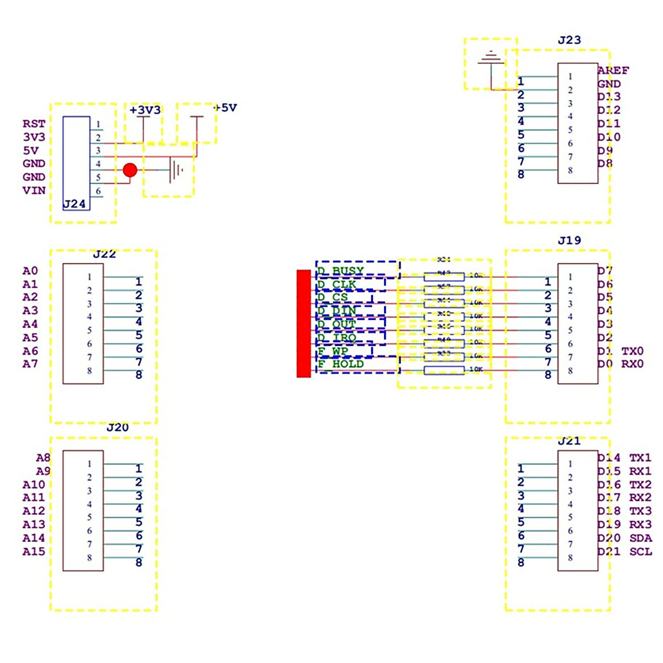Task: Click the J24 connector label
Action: [x=74, y=204]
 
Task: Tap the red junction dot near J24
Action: [x=130, y=170]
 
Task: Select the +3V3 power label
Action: [x=145, y=110]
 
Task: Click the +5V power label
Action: [x=225, y=107]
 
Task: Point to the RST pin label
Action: [x=34, y=124]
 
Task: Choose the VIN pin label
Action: [x=34, y=190]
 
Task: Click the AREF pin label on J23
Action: [x=613, y=70]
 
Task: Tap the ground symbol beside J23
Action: [x=491, y=57]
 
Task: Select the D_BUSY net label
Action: [x=341, y=271]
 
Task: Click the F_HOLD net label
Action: [x=341, y=364]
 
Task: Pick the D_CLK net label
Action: [x=337, y=285]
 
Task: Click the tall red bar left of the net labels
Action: [x=303, y=324]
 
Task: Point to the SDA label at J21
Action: [x=640, y=538]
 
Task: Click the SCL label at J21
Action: [x=640, y=551]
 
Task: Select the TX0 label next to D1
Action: [x=632, y=351]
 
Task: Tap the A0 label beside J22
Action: [x=30, y=271]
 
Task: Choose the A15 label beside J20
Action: [x=34, y=551]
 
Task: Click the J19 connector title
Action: [x=569, y=240]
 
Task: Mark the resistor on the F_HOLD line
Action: [x=444, y=370]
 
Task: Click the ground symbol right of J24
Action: [x=176, y=170]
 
